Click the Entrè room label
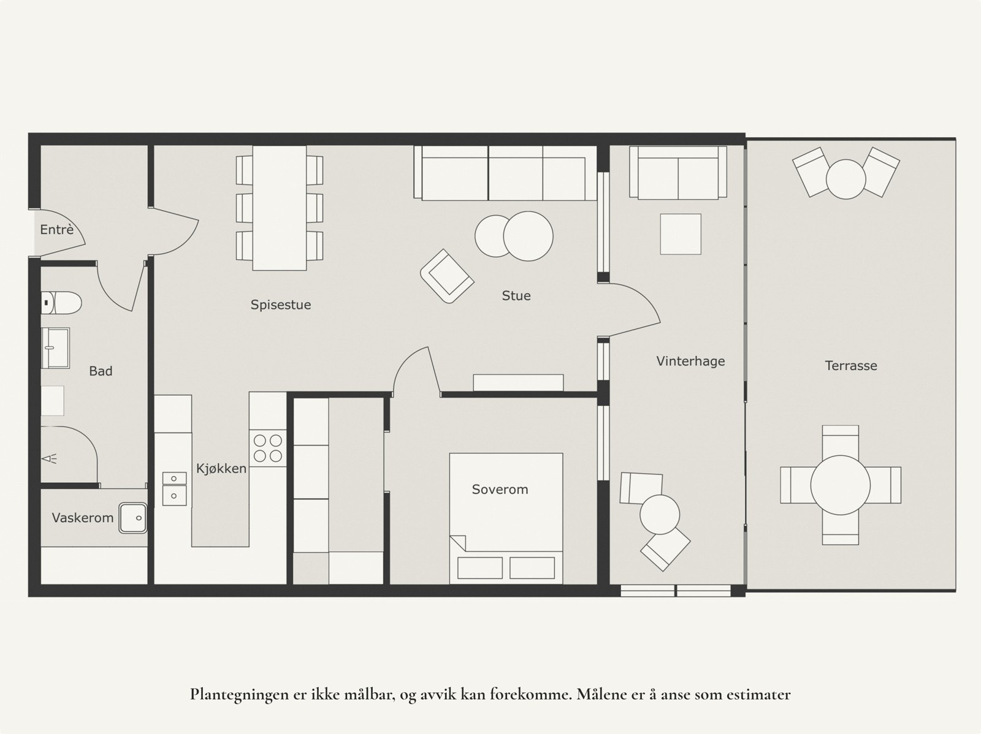coord(56,230)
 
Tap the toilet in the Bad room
coord(62,301)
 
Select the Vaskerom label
coord(82,518)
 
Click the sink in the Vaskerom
coord(132,518)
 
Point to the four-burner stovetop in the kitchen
coord(268,448)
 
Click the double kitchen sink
coord(174,488)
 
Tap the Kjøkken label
coord(221,469)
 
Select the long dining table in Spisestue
coord(280,207)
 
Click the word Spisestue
coord(281,305)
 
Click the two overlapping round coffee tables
coord(514,236)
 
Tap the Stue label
coord(516,296)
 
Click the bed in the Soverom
coord(506,518)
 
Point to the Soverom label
coord(500,490)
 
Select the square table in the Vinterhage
coord(681,234)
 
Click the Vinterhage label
coord(690,361)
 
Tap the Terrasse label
coord(851,366)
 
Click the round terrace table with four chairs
coord(840,485)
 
